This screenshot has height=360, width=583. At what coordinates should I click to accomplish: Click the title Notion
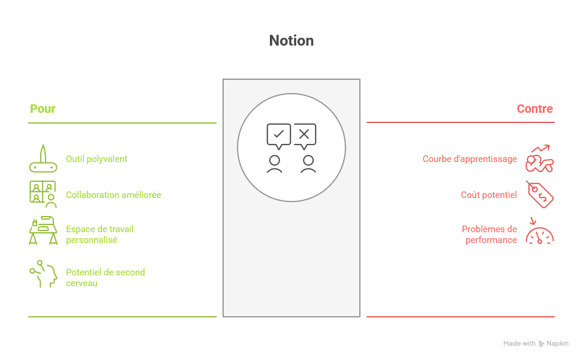tap(291, 41)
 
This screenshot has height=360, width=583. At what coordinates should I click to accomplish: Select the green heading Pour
tap(43, 109)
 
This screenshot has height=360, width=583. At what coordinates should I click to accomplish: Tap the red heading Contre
tap(534, 109)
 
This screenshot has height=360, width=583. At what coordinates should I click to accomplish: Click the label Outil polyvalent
tap(97, 159)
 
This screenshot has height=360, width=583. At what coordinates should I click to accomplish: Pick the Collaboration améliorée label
tap(113, 195)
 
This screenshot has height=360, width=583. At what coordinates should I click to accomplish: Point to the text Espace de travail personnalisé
tap(100, 234)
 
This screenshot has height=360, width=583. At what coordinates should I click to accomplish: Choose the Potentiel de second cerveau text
tap(106, 277)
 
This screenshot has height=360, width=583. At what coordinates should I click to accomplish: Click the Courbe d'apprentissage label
tap(470, 159)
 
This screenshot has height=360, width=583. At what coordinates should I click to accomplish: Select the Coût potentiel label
tap(489, 195)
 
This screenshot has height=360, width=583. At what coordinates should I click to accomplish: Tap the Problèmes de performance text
tap(489, 234)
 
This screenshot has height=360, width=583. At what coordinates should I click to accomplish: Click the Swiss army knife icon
tap(43, 159)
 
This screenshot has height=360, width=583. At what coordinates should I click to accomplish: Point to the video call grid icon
tap(43, 194)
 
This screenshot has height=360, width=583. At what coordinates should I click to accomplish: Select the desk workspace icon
tap(43, 230)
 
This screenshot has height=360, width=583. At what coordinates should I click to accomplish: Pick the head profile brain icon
tap(44, 274)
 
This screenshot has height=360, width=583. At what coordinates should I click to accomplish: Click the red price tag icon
tap(540, 194)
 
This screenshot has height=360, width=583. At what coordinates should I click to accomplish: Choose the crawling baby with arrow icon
tap(540, 159)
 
